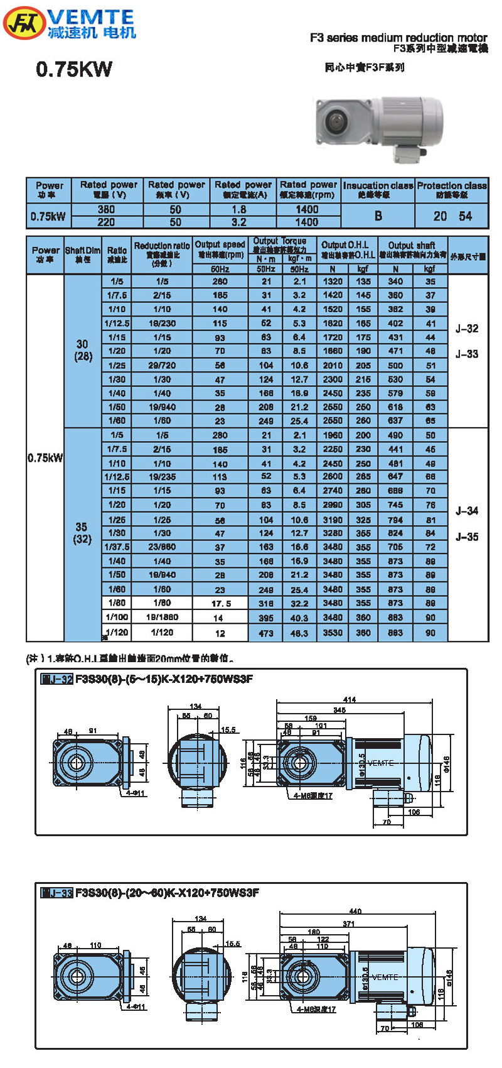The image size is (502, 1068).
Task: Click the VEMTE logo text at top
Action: [x=91, y=17]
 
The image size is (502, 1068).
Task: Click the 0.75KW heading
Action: [x=74, y=69]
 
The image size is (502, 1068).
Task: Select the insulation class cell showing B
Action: [x=378, y=216]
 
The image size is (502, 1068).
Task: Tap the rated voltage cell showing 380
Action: [x=106, y=210]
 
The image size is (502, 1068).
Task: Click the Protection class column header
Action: [x=451, y=190]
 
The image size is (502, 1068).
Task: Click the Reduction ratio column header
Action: [x=162, y=254]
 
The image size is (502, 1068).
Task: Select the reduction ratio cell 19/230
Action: [x=162, y=324]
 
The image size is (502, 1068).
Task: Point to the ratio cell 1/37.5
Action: [x=117, y=547]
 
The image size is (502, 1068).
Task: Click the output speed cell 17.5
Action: [x=221, y=604]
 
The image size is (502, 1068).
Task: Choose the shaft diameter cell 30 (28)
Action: [x=83, y=351]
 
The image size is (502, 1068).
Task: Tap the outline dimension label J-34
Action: [x=467, y=511]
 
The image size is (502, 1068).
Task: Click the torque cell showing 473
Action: [x=266, y=633]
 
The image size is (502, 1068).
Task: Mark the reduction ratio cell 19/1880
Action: [x=162, y=618]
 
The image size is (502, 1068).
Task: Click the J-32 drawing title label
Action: [x=57, y=679]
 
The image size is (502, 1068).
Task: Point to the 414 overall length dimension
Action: [x=350, y=700]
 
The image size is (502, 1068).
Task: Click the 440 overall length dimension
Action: [x=355, y=911]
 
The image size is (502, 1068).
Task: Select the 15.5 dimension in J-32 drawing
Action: [x=228, y=730]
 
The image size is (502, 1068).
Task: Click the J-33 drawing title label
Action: [x=57, y=893]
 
